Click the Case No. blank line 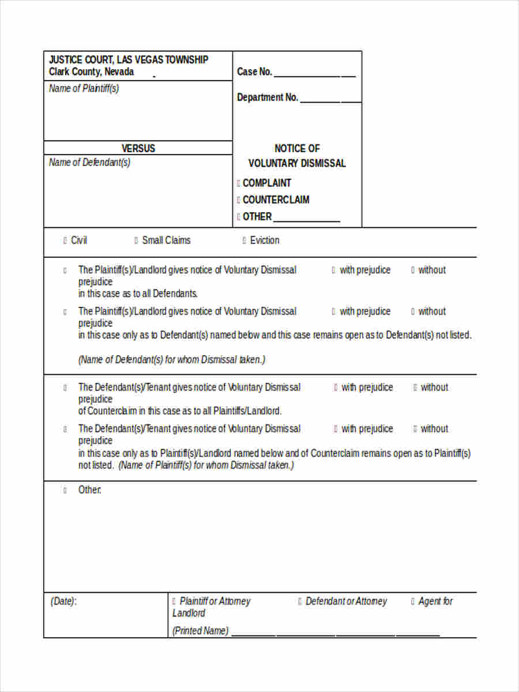click(314, 75)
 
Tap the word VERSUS click(138, 148)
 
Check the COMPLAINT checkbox click(239, 183)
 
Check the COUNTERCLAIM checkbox click(239, 200)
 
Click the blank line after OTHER click(306, 220)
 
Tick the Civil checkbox click(65, 240)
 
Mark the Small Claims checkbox click(136, 240)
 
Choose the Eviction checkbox click(245, 240)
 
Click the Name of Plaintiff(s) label click(84, 88)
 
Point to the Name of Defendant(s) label click(89, 162)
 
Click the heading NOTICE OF click(297, 148)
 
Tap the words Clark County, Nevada click(91, 72)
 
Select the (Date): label click(63, 601)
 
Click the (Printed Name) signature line click(335, 634)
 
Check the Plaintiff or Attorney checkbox click(174, 601)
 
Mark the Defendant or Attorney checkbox click(300, 601)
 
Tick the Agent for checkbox click(413, 601)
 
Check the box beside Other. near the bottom click(65, 490)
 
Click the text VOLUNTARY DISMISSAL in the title click(297, 163)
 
